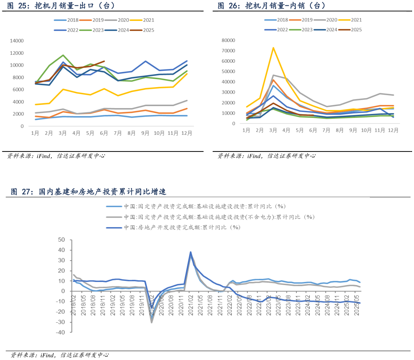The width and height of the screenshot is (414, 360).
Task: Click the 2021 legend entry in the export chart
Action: tap(145, 20)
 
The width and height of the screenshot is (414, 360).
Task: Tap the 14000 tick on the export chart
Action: tap(17, 41)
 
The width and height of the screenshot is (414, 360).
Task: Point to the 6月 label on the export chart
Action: tap(104, 133)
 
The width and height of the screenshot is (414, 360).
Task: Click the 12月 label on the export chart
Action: tap(187, 133)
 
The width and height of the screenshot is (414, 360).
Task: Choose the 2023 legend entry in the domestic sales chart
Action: tap(307, 29)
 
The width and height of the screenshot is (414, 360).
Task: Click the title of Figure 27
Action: tap(88, 191)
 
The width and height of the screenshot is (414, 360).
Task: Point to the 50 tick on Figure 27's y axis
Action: tap(61, 240)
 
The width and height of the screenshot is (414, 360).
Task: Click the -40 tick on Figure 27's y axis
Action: tap(61, 332)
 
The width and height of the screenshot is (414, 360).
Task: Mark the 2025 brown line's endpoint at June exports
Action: tap(104, 61)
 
